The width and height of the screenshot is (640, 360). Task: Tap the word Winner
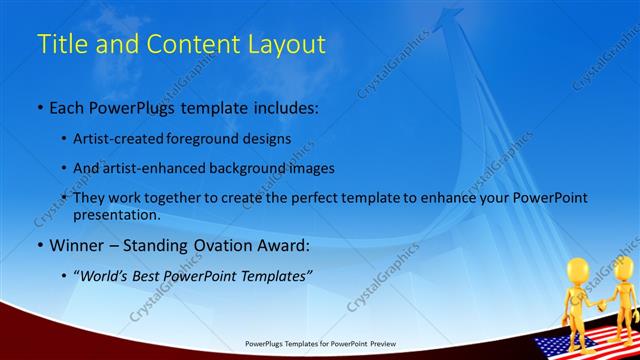[75, 246]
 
